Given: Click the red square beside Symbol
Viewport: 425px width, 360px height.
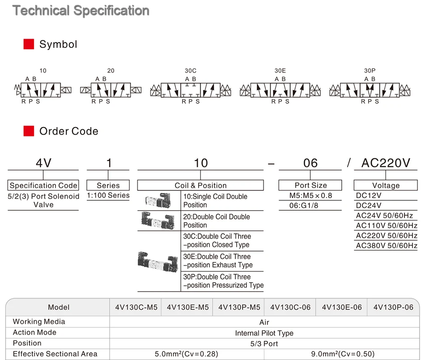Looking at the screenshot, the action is [x=29, y=44].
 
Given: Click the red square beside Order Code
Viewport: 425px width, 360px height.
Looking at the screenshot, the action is [x=29, y=131].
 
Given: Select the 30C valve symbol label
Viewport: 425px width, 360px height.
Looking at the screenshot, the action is [x=191, y=71].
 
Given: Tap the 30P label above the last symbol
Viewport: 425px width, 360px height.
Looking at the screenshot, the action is [x=370, y=71].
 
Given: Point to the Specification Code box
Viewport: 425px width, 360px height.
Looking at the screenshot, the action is [x=43, y=185].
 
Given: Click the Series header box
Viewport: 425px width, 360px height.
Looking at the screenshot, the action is [x=108, y=185].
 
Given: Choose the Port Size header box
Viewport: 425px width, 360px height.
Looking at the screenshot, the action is [x=310, y=185].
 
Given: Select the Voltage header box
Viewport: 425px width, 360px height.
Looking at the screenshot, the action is [x=386, y=185].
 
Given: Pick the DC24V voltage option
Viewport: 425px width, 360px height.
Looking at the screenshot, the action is [x=369, y=205].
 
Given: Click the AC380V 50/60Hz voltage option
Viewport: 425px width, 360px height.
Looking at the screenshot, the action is [x=387, y=246].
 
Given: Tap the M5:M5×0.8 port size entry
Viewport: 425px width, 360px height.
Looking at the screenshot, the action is [x=310, y=195].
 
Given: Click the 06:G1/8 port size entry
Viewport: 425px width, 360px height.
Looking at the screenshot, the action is [x=304, y=205].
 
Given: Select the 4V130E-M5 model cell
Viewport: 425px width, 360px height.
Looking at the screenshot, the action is [x=187, y=307].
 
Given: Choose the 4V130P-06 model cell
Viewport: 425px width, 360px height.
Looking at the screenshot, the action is [x=393, y=307].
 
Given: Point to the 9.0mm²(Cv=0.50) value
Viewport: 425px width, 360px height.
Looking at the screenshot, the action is [x=343, y=354].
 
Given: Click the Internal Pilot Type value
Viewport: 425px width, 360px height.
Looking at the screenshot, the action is [x=264, y=333].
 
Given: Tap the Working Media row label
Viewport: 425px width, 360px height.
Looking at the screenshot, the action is [x=39, y=322].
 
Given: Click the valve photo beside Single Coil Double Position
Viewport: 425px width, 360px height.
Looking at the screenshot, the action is [x=158, y=200].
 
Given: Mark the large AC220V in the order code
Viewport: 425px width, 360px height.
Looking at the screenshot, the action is [x=386, y=163].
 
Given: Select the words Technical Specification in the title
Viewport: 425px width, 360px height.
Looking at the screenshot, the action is [x=81, y=11].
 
